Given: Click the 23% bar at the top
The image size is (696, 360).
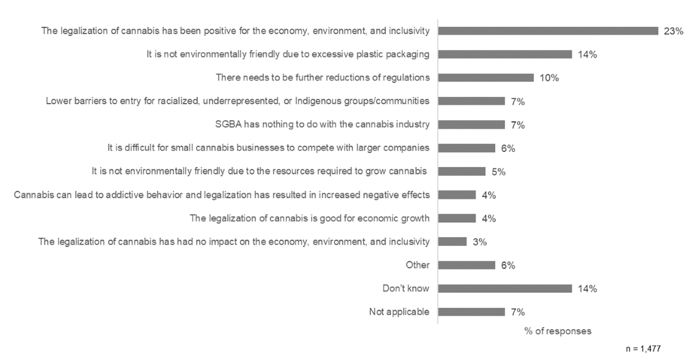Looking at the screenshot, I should tap(548, 31).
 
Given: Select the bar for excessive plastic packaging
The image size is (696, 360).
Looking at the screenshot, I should tap(505, 54).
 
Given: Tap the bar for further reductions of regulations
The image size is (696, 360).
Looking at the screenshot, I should tap(486, 77).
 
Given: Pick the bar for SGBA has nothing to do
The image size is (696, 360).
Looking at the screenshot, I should tap(471, 124).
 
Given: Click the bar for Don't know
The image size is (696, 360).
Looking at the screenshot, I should tap(505, 289).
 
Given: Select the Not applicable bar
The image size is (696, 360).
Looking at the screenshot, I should tap(471, 312).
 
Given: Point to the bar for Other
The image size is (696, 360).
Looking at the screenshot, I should tap(466, 265).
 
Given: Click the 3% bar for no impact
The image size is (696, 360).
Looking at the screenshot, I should tap(452, 242).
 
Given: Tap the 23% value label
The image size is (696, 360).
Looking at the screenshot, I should tap(673, 31).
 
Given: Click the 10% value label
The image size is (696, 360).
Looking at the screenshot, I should tap(549, 78).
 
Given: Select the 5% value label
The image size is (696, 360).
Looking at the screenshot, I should tap(498, 171).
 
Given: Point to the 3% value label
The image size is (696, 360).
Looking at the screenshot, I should tap(479, 242).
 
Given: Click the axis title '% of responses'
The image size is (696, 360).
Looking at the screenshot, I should tap(557, 331).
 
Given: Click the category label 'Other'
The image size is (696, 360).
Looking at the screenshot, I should tap(418, 265).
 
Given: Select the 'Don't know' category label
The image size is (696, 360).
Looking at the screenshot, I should tap(406, 289).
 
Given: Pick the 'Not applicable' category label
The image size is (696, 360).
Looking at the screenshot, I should tap(399, 312).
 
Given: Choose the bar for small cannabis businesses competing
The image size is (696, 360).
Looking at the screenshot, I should tap(466, 148).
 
